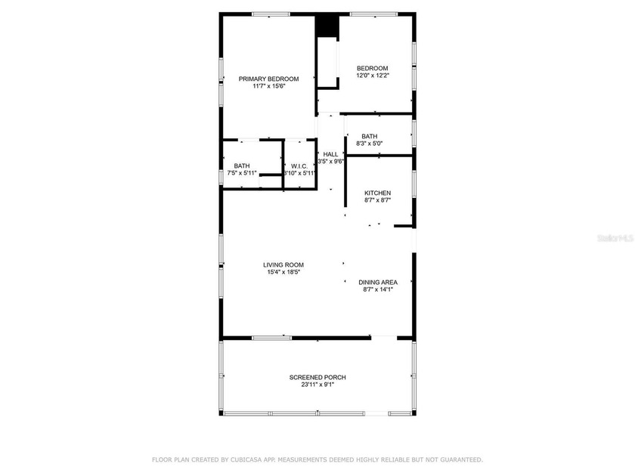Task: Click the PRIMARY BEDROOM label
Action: click(x=268, y=79)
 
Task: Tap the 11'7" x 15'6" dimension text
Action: click(x=269, y=86)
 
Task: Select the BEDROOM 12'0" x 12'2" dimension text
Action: click(x=373, y=76)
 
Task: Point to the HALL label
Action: click(x=330, y=154)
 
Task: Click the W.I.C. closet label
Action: click(x=299, y=166)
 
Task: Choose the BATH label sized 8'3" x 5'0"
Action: click(x=370, y=137)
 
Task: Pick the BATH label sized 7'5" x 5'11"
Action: click(x=242, y=166)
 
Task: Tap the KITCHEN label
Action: click(x=378, y=193)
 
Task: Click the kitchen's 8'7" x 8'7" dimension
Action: click(x=378, y=200)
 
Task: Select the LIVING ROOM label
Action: click(x=283, y=265)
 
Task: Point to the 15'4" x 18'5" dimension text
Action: click(x=283, y=273)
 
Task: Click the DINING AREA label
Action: click(x=378, y=283)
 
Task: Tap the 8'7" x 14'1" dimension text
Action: click(x=378, y=289)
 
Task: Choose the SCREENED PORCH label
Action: click(x=317, y=377)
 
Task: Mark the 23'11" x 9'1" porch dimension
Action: click(x=317, y=385)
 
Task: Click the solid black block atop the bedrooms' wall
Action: click(x=327, y=26)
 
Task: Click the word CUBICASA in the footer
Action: click(x=246, y=460)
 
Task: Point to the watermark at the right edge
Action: click(x=615, y=238)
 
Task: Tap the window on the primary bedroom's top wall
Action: click(x=271, y=14)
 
